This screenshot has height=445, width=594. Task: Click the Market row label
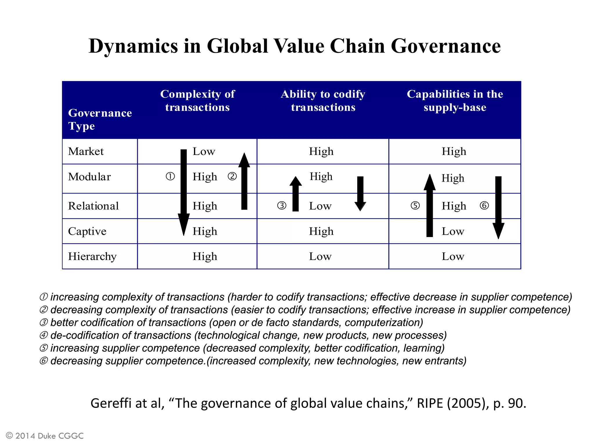pyautogui.click(x=86, y=152)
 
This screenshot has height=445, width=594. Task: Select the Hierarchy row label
pyautogui.click(x=92, y=256)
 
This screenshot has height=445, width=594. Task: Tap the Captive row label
pyautogui.click(x=87, y=231)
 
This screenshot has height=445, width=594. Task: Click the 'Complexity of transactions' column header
pyautogui.click(x=198, y=101)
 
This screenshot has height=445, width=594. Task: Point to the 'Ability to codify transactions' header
pyautogui.click(x=323, y=101)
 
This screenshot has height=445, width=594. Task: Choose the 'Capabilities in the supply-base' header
pyautogui.click(x=455, y=101)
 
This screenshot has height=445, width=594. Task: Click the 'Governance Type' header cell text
pyautogui.click(x=100, y=119)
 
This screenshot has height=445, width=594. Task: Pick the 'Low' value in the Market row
pyautogui.click(x=204, y=152)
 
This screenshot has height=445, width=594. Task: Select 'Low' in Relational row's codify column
pyautogui.click(x=320, y=206)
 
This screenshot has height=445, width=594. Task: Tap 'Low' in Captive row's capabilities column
pyautogui.click(x=453, y=231)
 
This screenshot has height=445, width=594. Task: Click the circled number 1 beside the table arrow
pyautogui.click(x=170, y=176)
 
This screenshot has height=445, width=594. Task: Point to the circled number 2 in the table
pyautogui.click(x=232, y=176)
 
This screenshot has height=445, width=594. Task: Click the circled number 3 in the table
pyautogui.click(x=282, y=206)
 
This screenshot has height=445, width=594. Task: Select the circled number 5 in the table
pyautogui.click(x=415, y=206)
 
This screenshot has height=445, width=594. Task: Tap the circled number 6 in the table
pyautogui.click(x=484, y=206)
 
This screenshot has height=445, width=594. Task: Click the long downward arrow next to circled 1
pyautogui.click(x=184, y=191)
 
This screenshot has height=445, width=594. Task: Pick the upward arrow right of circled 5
pyautogui.click(x=430, y=206)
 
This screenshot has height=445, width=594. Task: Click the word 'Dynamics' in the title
pyautogui.click(x=133, y=46)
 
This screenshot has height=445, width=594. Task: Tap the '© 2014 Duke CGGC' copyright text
pyautogui.click(x=45, y=436)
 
